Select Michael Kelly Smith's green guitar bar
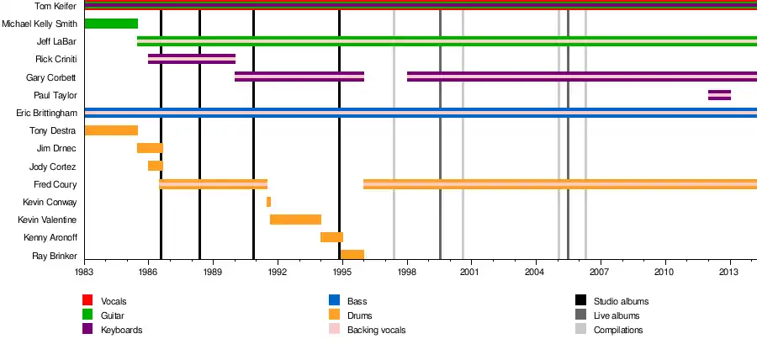pos(111,24)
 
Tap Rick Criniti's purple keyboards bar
pos(192,59)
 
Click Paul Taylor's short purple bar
pos(719,95)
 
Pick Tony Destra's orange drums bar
pos(111,130)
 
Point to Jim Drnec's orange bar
pos(150,148)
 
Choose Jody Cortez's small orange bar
pos(155,166)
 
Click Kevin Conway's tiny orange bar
pos(268,202)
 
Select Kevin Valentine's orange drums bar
pos(295,220)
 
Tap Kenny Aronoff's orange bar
pos(331,237)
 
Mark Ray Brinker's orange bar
pos(352,255)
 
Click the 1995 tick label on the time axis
pos(341,273)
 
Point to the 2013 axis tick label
pos(729,273)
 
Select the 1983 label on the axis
pos(84,273)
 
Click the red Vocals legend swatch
pos(87,300)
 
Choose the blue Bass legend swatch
pos(334,300)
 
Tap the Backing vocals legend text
pos(376,330)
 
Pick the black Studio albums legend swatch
pos(580,300)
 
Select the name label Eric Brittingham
pos(47,113)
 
